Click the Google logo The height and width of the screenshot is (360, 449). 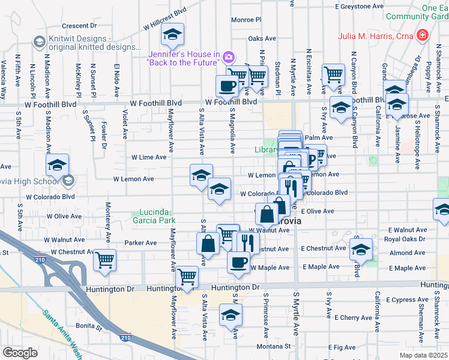pos(20,353)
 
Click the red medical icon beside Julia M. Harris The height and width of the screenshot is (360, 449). pos(423,35)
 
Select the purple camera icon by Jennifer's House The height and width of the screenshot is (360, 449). pos(228,58)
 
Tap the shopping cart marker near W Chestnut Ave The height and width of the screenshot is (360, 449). pos(104,260)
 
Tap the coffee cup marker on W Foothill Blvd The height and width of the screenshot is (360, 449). pos(227,85)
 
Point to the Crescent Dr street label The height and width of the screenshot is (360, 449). pos(79,26)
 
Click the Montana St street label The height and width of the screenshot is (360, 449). pos(276,346)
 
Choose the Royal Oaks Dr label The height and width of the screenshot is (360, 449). pos(406,238)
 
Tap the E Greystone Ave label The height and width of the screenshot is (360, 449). pos(358,6)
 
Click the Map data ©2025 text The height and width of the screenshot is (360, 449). pos(423,355)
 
